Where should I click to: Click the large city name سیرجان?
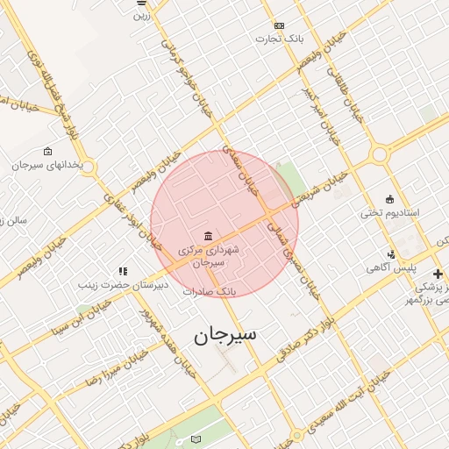click(223, 337)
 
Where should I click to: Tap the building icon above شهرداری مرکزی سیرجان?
click(208, 235)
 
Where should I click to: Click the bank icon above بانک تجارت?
click(279, 25)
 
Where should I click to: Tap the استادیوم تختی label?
click(390, 213)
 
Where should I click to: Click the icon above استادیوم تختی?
click(390, 199)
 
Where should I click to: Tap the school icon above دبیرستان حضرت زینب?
click(124, 272)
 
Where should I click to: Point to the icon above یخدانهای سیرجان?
click(46, 151)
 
